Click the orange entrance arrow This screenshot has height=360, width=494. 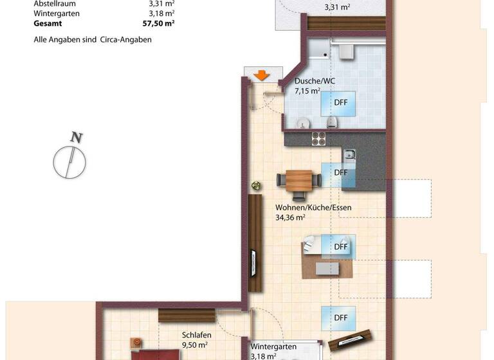tap(261, 75)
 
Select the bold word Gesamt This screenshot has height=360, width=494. tap(48, 22)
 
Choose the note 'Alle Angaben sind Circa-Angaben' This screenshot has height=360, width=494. tap(93, 39)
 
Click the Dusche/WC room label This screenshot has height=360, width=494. tap(315, 81)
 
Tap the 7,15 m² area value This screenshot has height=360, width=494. tap(307, 91)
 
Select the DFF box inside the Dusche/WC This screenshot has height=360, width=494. tap(340, 102)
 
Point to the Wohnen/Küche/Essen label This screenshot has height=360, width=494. tap(313, 208)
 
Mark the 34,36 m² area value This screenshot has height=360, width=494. tap(290, 217)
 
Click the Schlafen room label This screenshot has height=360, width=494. tap(197, 335)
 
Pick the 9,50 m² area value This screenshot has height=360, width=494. tap(194, 345)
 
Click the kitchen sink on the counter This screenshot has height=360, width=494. tap(349, 154)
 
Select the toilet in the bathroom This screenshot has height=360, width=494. tap(332, 123)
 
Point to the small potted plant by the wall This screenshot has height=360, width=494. tap(257, 186)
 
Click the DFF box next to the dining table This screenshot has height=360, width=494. tap(340, 173)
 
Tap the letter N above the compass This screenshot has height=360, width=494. tap(77, 137)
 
